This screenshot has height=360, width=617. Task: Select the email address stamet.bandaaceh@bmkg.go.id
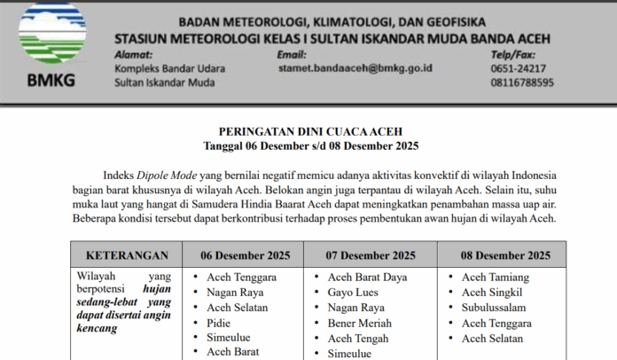click(355, 67)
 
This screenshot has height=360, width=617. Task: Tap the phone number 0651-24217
click(518, 68)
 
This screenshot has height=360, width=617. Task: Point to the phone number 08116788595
click(522, 82)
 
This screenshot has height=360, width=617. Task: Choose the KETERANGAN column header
click(127, 256)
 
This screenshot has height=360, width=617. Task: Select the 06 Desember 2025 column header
click(246, 256)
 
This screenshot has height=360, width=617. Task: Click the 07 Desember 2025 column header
click(371, 256)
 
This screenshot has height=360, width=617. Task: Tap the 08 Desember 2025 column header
click(505, 256)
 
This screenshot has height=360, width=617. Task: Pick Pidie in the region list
click(218, 323)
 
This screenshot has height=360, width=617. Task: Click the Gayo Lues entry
click(354, 293)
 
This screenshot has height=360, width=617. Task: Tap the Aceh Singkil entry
click(492, 293)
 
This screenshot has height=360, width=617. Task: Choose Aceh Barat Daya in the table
click(367, 278)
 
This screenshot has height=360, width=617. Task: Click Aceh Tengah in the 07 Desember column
click(357, 338)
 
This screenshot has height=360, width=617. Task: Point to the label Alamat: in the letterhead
click(133, 54)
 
